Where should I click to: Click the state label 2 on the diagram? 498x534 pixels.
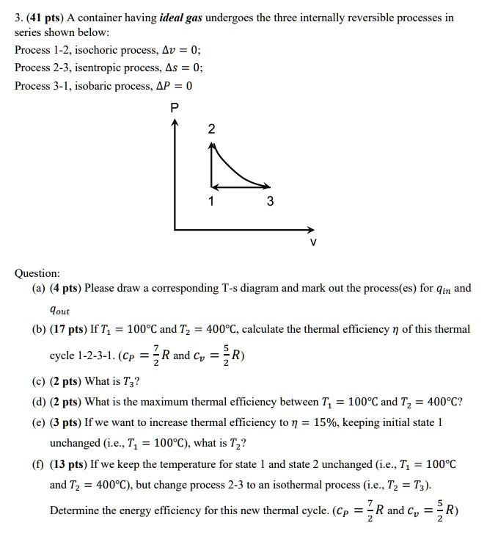pyautogui.click(x=212, y=129)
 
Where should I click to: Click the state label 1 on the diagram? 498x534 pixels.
pyautogui.click(x=212, y=201)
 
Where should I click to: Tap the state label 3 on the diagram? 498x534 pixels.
pyautogui.click(x=270, y=201)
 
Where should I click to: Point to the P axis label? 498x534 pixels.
pyautogui.click(x=174, y=107)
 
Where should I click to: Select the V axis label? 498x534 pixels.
pyautogui.click(x=313, y=242)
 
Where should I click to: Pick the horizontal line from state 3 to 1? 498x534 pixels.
pyautogui.click(x=238, y=186)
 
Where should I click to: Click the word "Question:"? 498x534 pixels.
pyautogui.click(x=37, y=273)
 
